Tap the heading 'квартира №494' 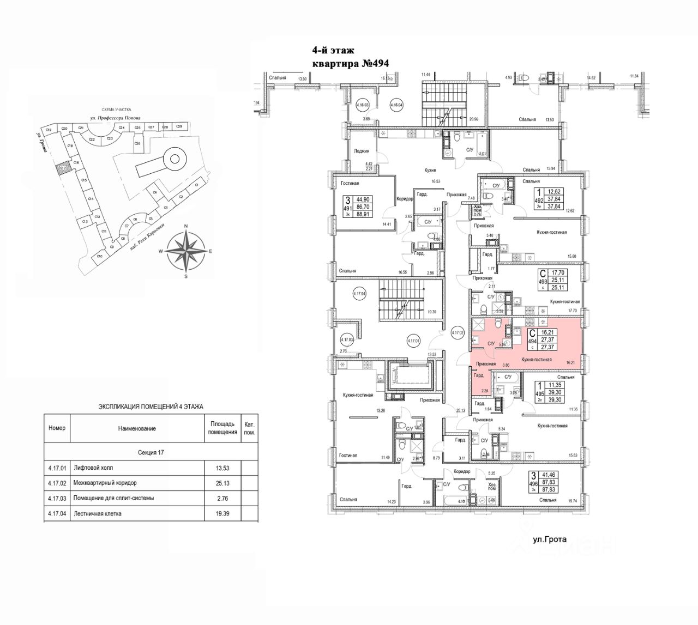click(350, 63)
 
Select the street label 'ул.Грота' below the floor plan click(549, 540)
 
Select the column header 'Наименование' click(137, 428)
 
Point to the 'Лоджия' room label click(362, 151)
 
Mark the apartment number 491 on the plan click(346, 208)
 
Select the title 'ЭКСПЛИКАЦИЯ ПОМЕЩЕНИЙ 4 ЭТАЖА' click(151, 406)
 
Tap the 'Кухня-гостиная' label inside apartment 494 click(537, 360)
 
